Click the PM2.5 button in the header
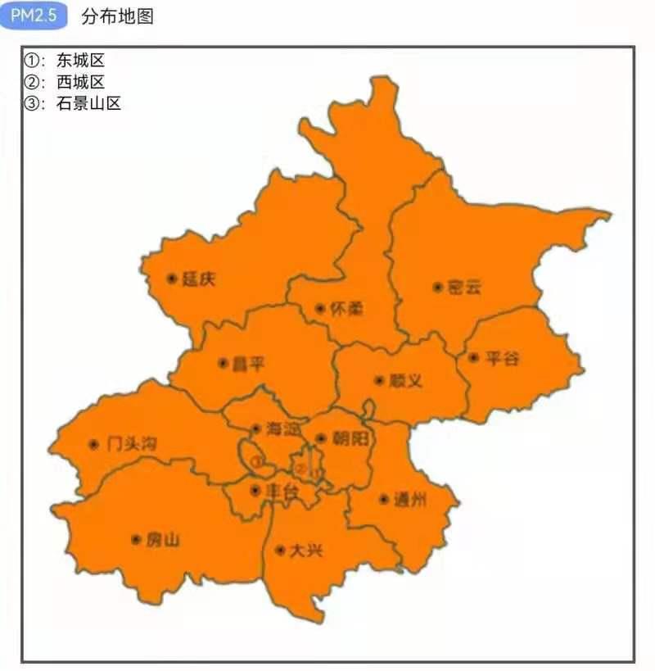pyautogui.click(x=33, y=16)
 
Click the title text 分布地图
pyautogui.click(x=117, y=16)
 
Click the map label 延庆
pyautogui.click(x=199, y=279)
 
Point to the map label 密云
pyautogui.click(x=464, y=288)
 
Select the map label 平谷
pyautogui.click(x=501, y=358)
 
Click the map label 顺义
pyautogui.click(x=405, y=381)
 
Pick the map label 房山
pyautogui.click(x=162, y=540)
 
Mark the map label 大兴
pyautogui.click(x=306, y=551)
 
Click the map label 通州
pyautogui.click(x=410, y=500)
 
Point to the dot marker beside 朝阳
pyautogui.click(x=321, y=438)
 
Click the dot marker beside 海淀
pyautogui.click(x=255, y=428)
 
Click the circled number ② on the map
pyautogui.click(x=301, y=469)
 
